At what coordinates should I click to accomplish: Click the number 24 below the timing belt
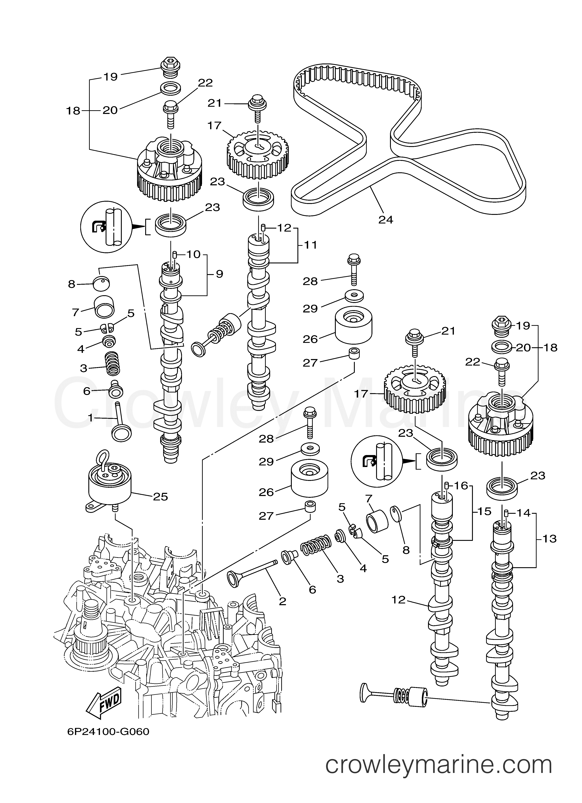pos(386,220)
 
